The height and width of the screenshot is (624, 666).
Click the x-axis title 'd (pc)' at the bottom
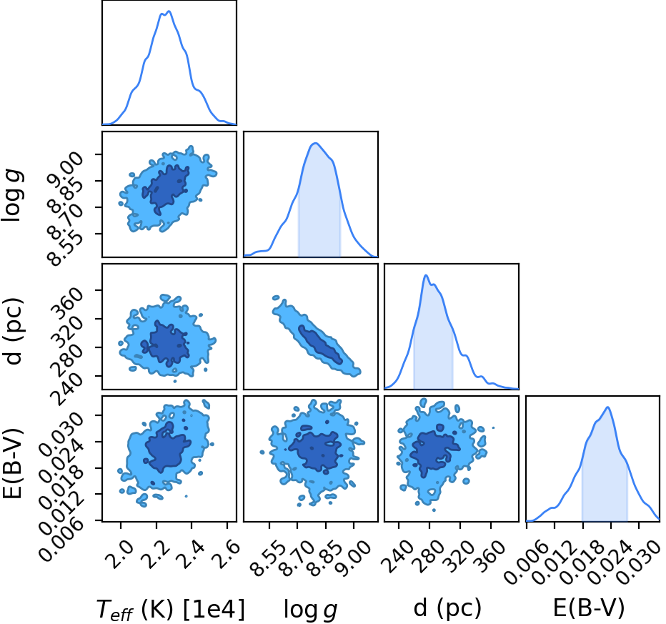[447, 608]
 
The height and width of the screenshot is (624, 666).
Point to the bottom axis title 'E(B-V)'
[589, 608]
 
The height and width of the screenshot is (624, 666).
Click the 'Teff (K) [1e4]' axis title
[171, 609]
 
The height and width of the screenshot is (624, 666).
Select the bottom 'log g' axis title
[310, 609]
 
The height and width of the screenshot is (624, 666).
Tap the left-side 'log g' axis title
[13, 194]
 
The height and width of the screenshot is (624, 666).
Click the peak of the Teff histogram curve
[169, 11]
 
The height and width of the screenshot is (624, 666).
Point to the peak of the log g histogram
[315, 144]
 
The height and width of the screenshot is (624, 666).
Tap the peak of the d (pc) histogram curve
[426, 276]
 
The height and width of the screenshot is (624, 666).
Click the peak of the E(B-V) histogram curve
[608, 407]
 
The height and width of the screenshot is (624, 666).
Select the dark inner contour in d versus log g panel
[320, 345]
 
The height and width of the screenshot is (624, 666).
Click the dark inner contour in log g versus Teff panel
[166, 189]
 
